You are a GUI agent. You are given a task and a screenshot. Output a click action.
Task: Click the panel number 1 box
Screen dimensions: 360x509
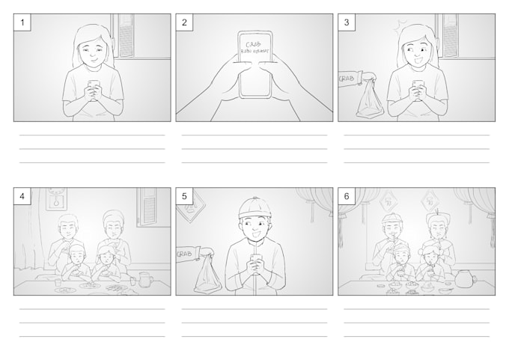point(22,22)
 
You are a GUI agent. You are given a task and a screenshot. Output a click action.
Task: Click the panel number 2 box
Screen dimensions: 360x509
point(184,22)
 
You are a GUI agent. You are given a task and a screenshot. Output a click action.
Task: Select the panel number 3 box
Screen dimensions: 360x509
point(347,22)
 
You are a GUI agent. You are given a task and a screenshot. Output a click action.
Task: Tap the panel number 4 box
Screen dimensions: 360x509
point(22,197)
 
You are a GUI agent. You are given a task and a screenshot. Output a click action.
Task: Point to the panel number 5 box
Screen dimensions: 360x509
point(184,197)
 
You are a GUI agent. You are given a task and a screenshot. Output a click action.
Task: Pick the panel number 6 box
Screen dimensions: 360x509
point(347,197)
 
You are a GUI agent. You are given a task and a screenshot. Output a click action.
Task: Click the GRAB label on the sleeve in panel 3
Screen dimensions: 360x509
point(347,79)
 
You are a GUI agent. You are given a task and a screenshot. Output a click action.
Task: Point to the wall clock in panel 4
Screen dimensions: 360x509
point(56,198)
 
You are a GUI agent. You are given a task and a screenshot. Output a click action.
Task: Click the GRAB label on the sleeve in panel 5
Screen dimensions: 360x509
point(184,254)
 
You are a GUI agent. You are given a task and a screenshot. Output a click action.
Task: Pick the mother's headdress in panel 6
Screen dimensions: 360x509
point(436,218)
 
